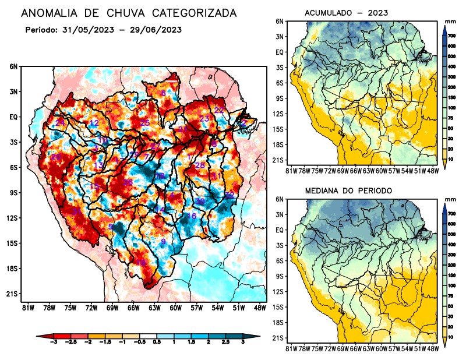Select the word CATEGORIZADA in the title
pyautogui.click(x=189, y=12)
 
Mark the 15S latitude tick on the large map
pyautogui.click(x=12, y=243)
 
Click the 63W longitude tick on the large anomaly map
pyautogui.click(x=154, y=308)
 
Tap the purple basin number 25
pyautogui.click(x=145, y=122)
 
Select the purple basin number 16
pyautogui.click(x=191, y=216)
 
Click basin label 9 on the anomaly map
pyautogui.click(x=164, y=241)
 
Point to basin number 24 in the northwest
pyautogui.click(x=60, y=122)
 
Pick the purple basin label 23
pyautogui.click(x=204, y=119)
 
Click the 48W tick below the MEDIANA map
pyautogui.click(x=432, y=348)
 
